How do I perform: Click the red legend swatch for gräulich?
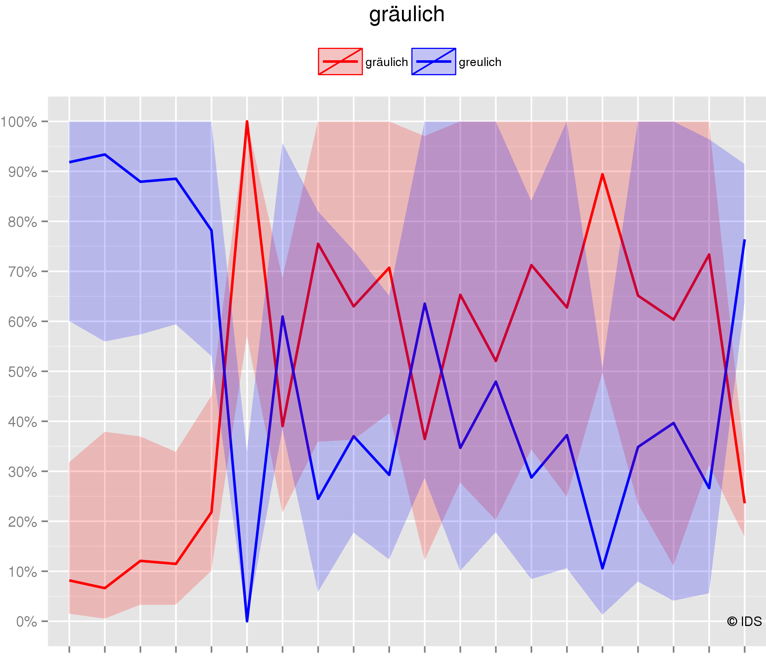tap(340, 61)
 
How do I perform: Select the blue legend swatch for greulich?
tap(434, 61)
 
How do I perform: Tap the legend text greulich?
tap(480, 62)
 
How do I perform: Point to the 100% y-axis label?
tap(19, 122)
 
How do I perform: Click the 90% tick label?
tap(22, 172)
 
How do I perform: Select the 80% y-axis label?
tap(22, 222)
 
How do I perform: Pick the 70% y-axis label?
tap(22, 272)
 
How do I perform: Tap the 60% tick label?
tap(22, 322)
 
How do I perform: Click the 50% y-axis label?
tap(22, 372)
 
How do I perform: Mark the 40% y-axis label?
tap(22, 422)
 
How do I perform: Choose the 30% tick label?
tap(22, 472)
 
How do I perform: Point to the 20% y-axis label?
tap(22, 522)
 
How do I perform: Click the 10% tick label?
tap(22, 572)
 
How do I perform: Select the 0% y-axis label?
tap(26, 622)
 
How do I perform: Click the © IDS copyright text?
tap(744, 622)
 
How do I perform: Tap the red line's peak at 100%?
tap(247, 122)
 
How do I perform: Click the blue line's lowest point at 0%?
tap(247, 621)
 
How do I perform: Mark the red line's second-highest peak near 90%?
tap(603, 174)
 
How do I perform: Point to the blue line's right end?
tap(744, 241)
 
